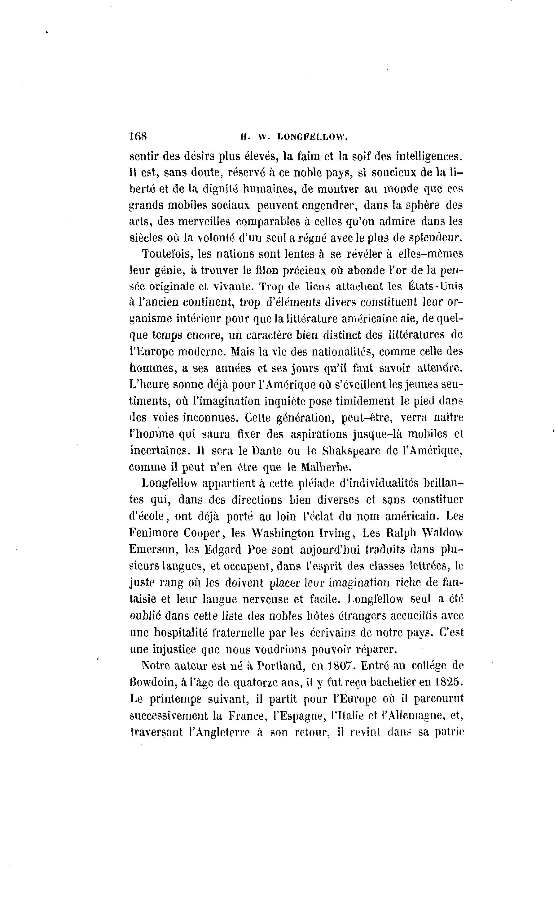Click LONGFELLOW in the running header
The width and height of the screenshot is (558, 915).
coord(313,137)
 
